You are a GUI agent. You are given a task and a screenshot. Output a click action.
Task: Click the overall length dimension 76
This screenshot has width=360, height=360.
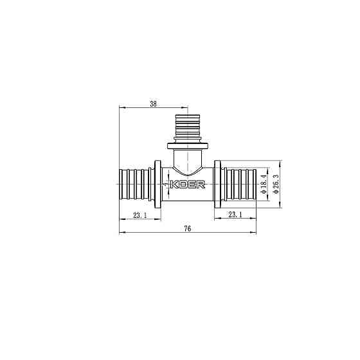pyautogui.click(x=187, y=228)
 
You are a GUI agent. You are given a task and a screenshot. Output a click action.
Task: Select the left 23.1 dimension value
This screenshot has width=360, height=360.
pyautogui.click(x=139, y=215)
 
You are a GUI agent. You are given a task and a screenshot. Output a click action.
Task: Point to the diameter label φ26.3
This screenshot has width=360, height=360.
pyautogui.click(x=276, y=185)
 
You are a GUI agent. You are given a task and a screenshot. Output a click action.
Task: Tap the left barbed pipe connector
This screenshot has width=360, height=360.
pyautogui.click(x=133, y=185)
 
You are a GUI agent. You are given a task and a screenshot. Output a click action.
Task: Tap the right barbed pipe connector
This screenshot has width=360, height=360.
pyautogui.click(x=241, y=185)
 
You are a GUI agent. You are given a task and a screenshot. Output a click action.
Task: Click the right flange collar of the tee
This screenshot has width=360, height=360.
pyautogui.click(x=219, y=185)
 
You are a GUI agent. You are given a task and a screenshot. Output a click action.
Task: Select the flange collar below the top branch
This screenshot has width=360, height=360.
pyautogui.click(x=188, y=145)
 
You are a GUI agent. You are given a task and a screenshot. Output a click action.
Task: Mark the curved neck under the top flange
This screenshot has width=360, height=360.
pyautogui.click(x=188, y=158)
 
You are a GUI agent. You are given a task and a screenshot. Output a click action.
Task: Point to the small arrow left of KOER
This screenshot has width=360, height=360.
pyautogui.click(x=166, y=185)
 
